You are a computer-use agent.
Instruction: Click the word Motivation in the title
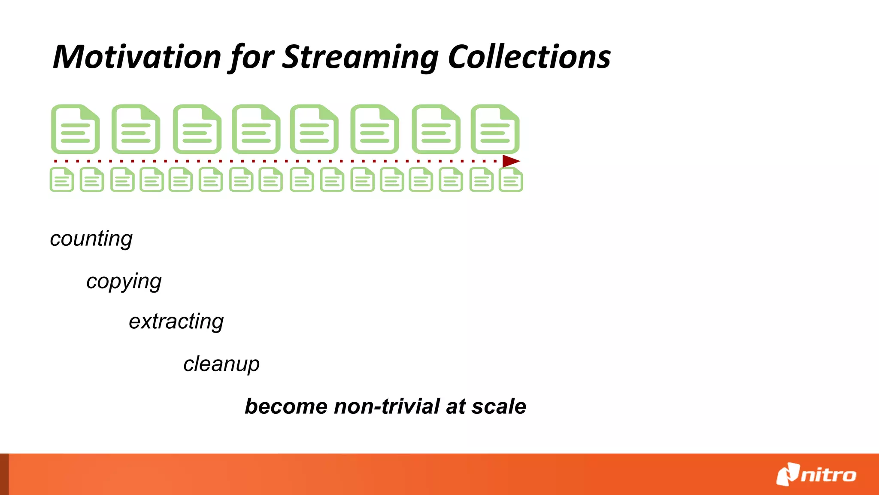pos(137,57)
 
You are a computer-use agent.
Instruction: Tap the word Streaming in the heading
pos(361,58)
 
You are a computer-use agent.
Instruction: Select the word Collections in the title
pos(529,57)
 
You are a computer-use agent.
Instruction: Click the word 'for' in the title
pos(252,58)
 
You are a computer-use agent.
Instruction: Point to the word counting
pos(91,239)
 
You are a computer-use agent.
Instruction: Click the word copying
pos(124,282)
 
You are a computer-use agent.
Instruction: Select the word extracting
pos(176,322)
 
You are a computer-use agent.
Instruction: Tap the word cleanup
pos(221,364)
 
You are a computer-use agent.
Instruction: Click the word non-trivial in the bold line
pos(387,406)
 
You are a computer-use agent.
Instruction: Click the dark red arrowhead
pos(510,161)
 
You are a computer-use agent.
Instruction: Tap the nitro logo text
pos(828,475)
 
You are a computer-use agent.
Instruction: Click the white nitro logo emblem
pos(788,474)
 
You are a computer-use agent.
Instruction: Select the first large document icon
pos(76,129)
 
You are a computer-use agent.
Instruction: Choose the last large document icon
pos(495,129)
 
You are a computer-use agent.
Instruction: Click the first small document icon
pos(62,180)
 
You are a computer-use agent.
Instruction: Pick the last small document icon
pos(511,180)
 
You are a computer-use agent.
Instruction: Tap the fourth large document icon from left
pos(256,129)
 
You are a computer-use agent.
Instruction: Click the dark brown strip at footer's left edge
pos(4,474)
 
